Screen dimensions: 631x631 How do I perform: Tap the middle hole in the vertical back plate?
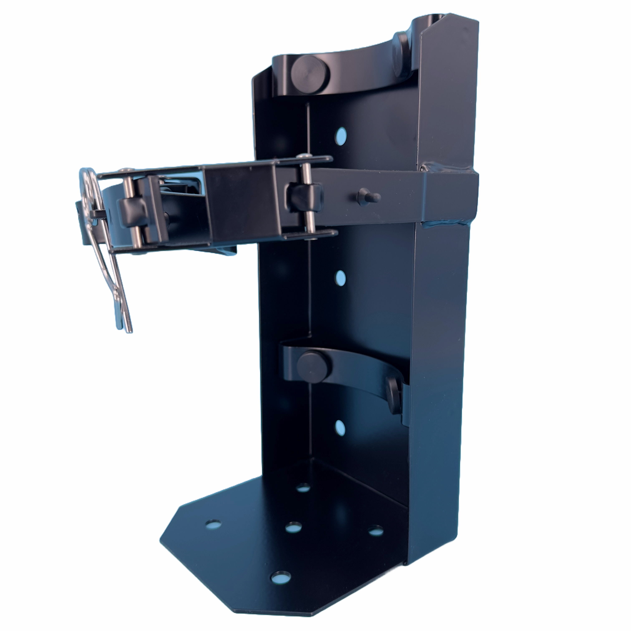coord(341,278)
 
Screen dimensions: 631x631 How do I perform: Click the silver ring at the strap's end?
coord(90,189)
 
